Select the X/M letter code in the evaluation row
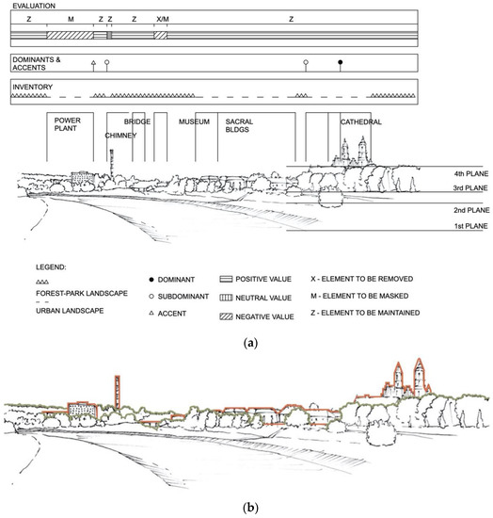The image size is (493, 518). [163, 19]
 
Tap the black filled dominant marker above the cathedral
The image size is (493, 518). [341, 62]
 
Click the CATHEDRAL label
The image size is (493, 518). [360, 121]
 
